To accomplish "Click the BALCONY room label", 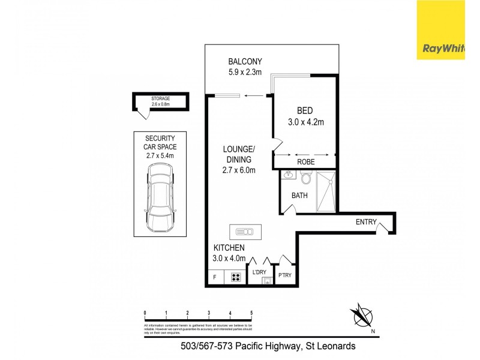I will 245,61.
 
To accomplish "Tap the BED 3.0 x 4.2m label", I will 306,116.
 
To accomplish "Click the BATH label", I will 299,196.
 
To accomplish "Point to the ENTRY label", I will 366,222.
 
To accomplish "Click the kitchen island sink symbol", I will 245,231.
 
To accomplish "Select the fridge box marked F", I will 215,277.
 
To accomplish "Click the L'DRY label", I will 259,273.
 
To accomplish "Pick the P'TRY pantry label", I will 284,276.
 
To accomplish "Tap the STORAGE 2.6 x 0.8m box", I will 161,101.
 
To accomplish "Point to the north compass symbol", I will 362,316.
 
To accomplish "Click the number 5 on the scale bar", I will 251,313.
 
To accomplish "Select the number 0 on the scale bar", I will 145,313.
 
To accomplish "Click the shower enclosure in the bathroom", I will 327,191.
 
